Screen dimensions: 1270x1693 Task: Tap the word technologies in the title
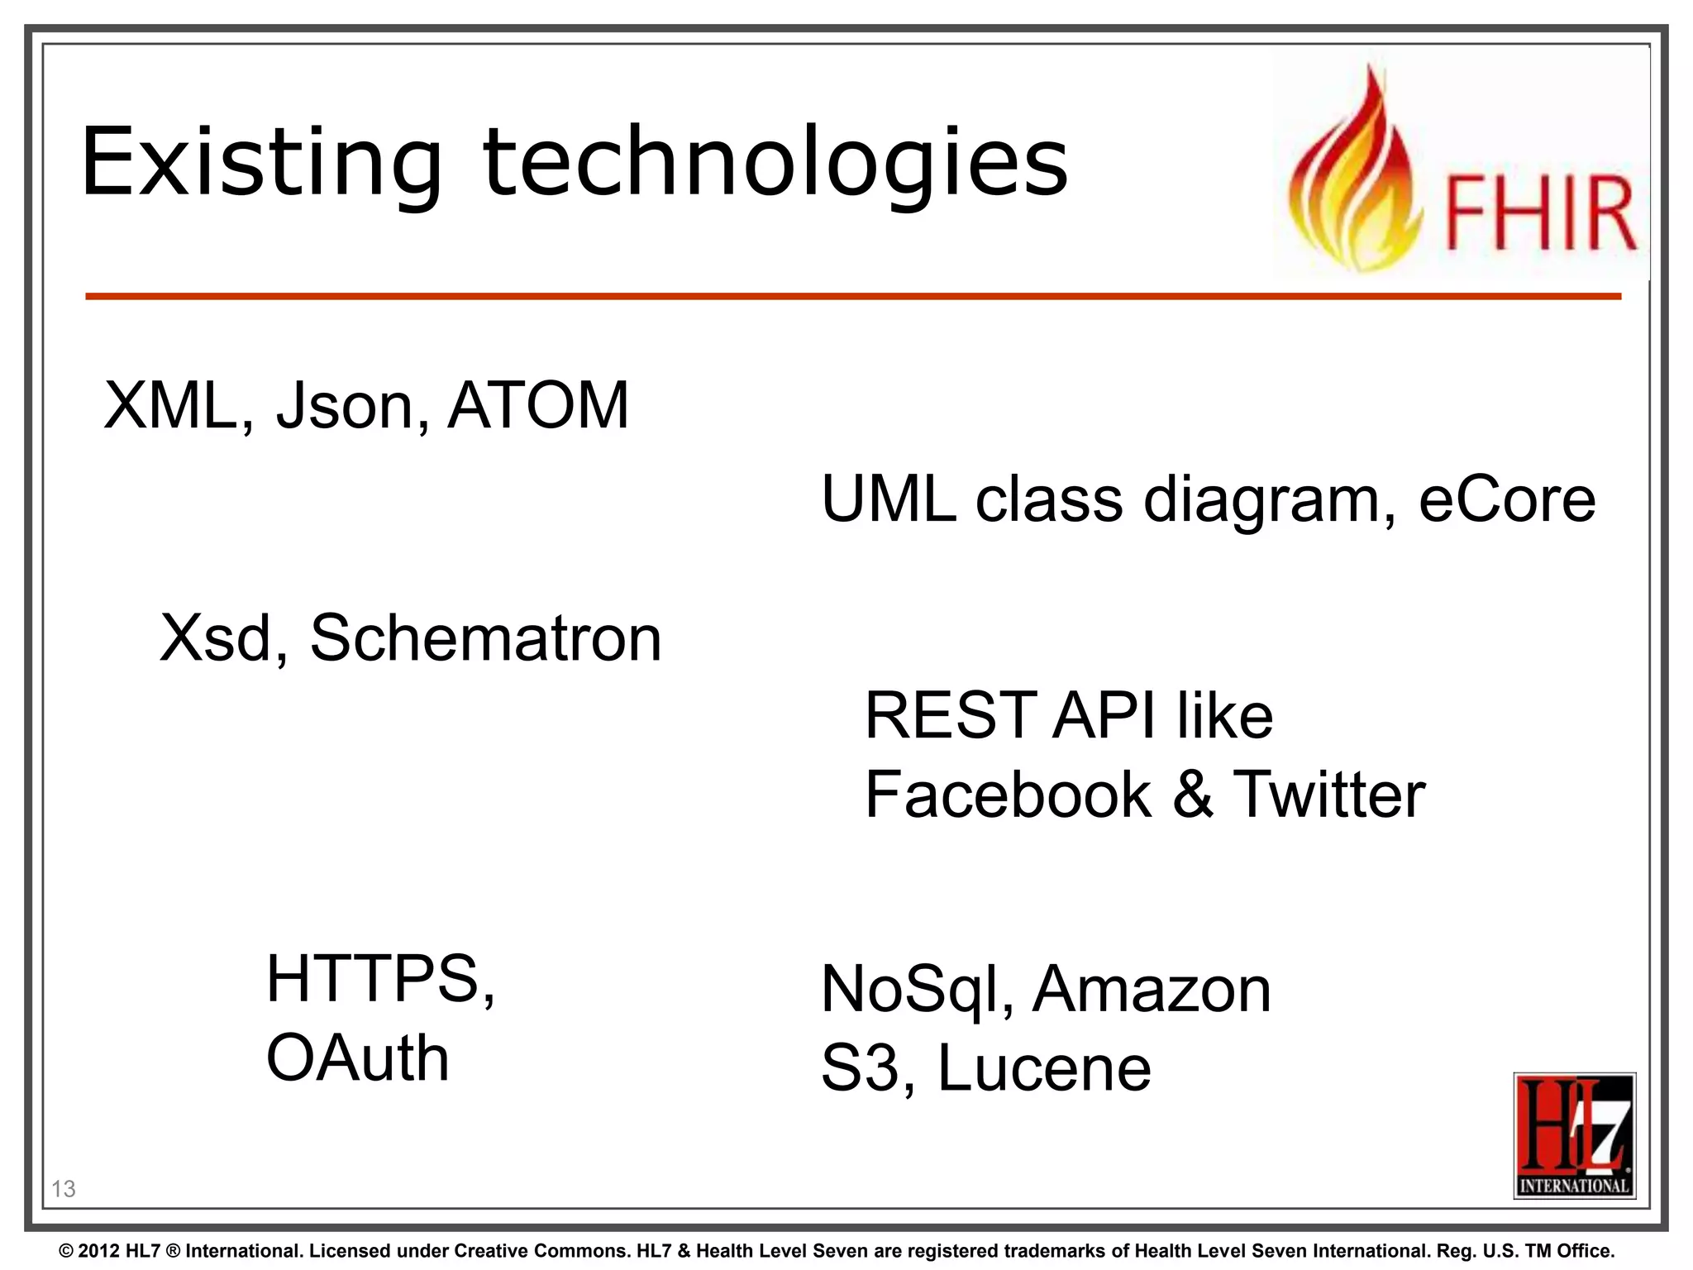click(775, 162)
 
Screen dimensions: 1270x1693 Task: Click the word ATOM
click(538, 405)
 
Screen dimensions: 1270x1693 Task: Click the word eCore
click(1506, 499)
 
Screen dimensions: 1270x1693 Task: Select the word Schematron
click(486, 638)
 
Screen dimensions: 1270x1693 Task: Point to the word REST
click(950, 715)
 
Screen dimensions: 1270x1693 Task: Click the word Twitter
click(1329, 795)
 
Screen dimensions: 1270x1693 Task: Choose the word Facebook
click(1008, 795)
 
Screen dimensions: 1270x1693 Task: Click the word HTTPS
click(379, 979)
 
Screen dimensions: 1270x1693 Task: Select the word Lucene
click(1044, 1068)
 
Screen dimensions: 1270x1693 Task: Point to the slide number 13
click(64, 1189)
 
